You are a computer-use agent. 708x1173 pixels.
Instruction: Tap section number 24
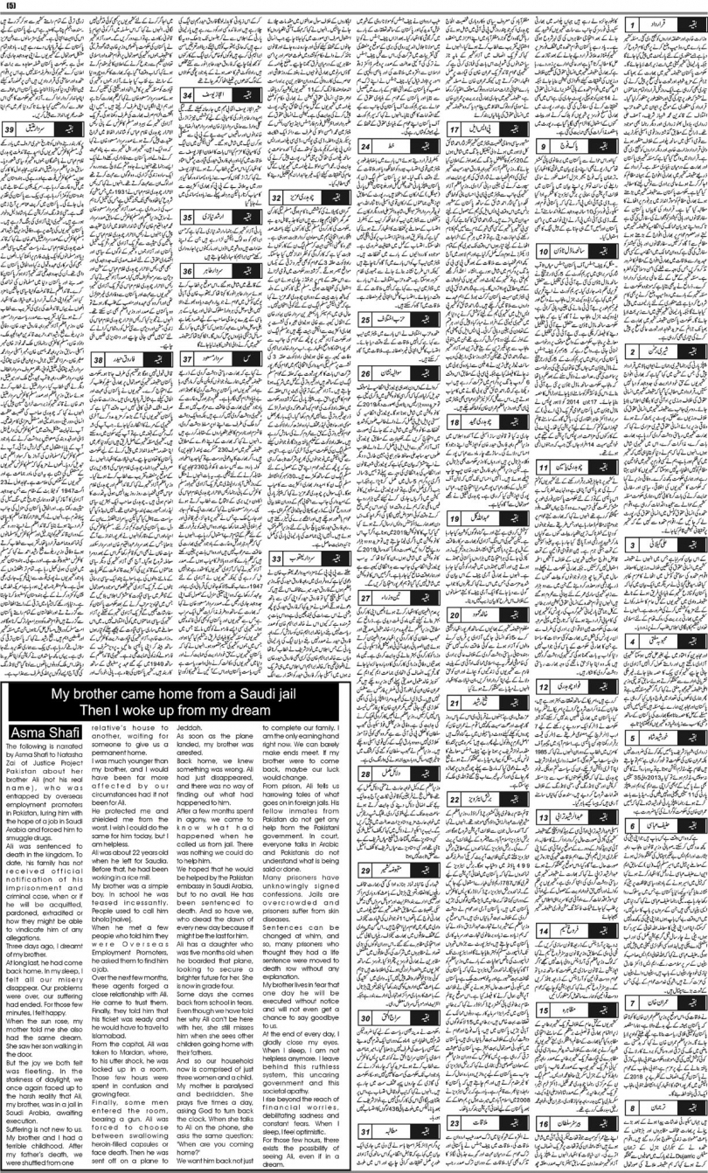(x=367, y=146)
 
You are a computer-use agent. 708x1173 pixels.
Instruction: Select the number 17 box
(x=456, y=128)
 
